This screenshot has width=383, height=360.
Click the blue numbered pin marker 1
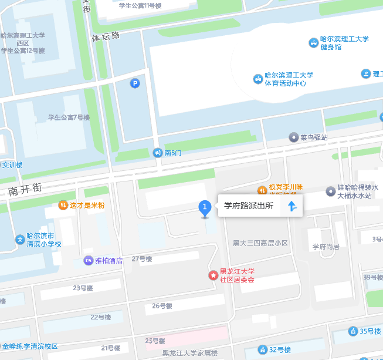[x=205, y=207]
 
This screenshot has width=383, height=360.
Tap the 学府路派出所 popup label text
[x=249, y=206]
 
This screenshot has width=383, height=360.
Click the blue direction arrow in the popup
[x=292, y=206]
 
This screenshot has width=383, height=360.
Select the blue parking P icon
[x=135, y=84]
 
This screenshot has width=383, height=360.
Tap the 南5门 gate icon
[x=157, y=153]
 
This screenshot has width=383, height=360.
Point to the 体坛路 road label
[x=106, y=36]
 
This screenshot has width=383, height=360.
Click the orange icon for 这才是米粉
[x=63, y=205]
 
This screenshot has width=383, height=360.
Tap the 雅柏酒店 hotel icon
[x=88, y=260]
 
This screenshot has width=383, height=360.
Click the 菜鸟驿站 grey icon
[x=293, y=137]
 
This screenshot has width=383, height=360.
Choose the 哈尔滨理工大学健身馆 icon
[x=314, y=43]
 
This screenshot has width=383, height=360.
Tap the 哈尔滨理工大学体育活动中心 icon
[x=257, y=79]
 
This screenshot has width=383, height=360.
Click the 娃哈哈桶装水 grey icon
[x=330, y=191]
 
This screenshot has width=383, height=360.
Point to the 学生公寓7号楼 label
[x=69, y=117]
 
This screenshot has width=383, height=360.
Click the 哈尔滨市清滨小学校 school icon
[x=19, y=240]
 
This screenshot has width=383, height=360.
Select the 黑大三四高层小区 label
[x=260, y=243]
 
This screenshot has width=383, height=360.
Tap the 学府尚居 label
[x=326, y=247]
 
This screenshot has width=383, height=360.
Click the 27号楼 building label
[x=142, y=259]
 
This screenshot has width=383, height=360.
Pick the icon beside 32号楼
[x=262, y=350]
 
